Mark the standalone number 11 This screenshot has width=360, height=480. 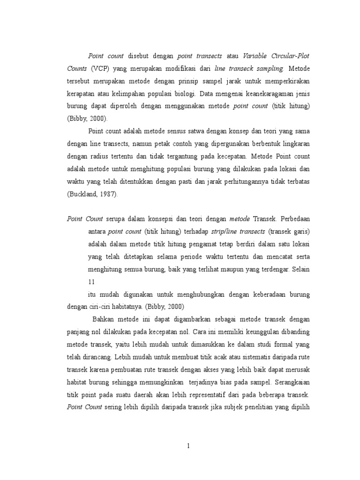click(92, 282)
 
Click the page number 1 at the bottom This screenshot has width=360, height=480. click(188, 446)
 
